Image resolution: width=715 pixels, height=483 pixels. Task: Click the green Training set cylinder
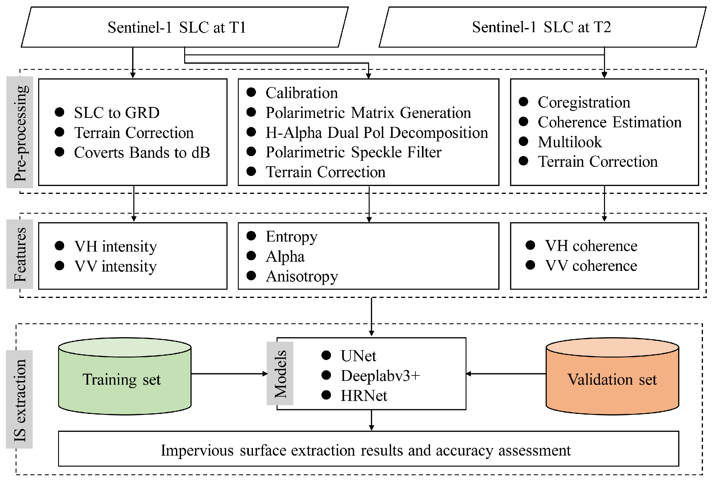125,378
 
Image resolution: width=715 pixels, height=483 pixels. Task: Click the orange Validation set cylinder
612,378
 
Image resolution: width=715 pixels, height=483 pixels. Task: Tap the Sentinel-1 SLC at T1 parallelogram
185,27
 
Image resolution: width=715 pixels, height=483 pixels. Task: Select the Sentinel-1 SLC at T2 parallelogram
542,27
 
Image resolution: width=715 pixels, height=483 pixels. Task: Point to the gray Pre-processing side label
20,132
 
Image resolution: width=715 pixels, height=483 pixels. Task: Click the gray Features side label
20,254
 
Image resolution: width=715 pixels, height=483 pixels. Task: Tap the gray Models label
280,373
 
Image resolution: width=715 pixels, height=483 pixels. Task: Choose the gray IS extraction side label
20,399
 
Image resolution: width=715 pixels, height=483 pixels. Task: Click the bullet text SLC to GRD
117,113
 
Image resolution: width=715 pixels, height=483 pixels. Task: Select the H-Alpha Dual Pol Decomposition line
377,133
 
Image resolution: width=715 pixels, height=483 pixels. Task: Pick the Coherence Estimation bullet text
609,122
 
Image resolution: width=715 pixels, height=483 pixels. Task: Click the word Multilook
570,142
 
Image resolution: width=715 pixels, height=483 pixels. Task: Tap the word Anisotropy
302,276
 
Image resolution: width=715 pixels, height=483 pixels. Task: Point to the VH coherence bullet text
591,246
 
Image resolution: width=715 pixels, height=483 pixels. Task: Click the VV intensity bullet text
115,266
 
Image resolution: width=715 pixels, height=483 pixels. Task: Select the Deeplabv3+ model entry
380,376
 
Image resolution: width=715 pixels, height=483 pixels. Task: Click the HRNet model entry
364,396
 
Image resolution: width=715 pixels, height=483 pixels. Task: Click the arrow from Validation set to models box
506,374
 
